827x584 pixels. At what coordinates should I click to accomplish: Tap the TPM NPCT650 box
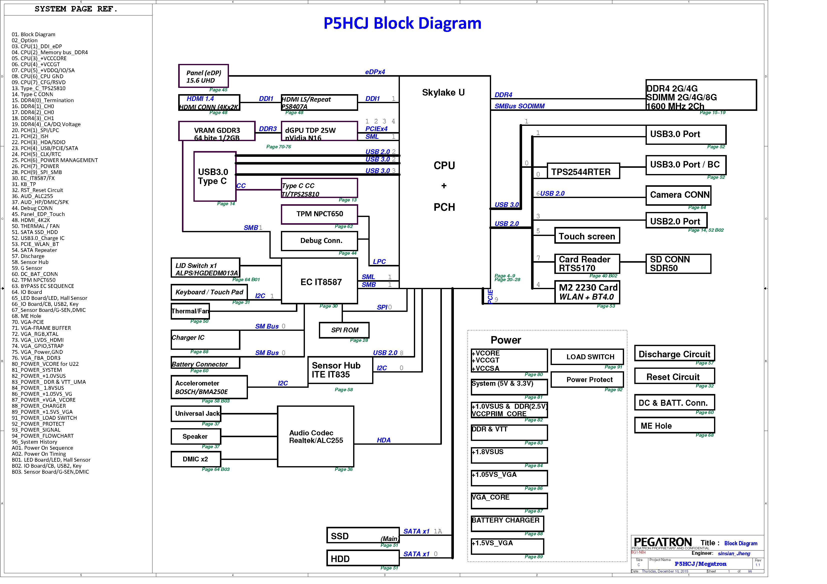(x=319, y=214)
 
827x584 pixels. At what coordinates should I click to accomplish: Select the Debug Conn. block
(x=319, y=241)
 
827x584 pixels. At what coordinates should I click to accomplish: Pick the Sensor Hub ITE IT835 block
(x=340, y=370)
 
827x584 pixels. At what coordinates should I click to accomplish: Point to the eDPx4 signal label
(x=375, y=72)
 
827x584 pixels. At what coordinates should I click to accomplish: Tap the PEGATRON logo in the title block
(x=662, y=542)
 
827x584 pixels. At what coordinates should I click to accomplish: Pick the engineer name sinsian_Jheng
(x=734, y=554)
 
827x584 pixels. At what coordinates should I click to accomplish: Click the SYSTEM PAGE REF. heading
(x=76, y=9)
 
